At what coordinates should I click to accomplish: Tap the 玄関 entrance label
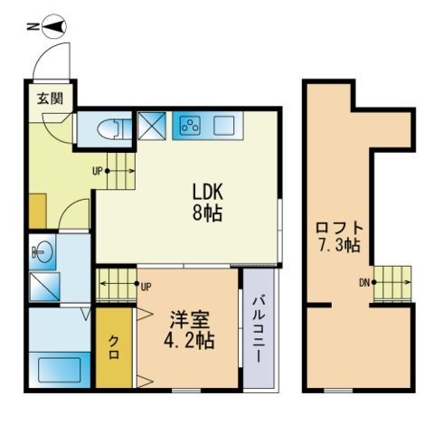(x=51, y=99)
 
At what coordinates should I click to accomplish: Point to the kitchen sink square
(x=224, y=126)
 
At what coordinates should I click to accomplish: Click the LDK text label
(x=208, y=192)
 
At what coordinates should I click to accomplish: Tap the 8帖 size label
(x=207, y=212)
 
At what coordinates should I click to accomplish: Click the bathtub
(x=60, y=370)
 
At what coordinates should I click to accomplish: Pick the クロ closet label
(x=114, y=347)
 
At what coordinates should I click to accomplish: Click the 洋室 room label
(x=189, y=320)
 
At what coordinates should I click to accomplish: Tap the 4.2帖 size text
(x=189, y=341)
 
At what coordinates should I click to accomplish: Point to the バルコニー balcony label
(x=259, y=330)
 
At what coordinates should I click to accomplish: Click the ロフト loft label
(x=339, y=229)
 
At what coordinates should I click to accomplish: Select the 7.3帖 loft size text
(x=339, y=245)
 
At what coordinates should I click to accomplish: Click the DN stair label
(x=364, y=283)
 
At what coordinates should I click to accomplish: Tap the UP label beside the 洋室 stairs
(x=146, y=287)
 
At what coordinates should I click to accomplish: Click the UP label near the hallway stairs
(x=98, y=172)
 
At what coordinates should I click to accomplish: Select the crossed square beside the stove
(x=152, y=126)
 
